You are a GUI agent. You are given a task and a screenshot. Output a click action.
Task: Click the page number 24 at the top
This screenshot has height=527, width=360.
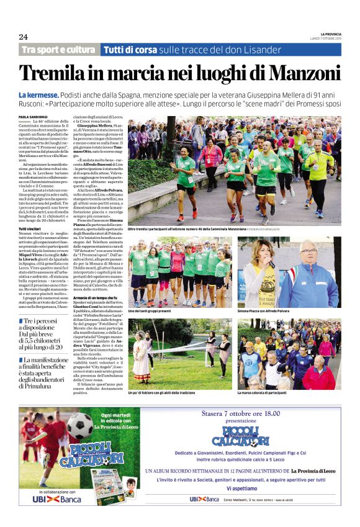coord(23,36)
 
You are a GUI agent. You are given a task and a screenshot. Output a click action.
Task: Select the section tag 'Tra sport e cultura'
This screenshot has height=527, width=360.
coord(58,50)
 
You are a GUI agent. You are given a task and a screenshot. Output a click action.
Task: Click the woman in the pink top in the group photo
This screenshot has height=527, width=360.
coord(178,267)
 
